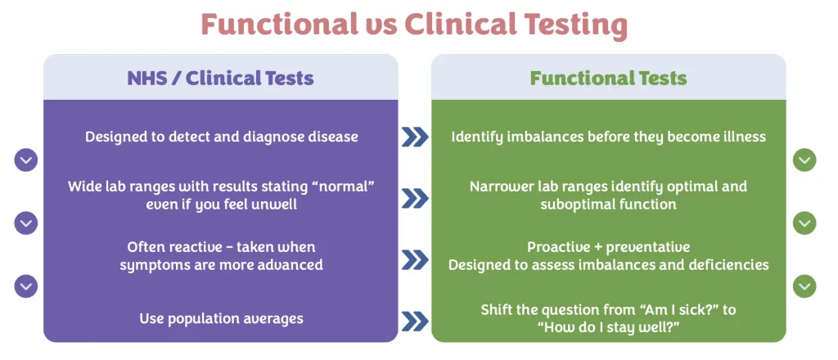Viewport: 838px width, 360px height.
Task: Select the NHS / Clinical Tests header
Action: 220,79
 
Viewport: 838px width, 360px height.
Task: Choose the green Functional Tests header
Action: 608,79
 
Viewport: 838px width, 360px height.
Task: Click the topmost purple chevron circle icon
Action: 26,160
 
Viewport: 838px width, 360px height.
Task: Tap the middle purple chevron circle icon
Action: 26,223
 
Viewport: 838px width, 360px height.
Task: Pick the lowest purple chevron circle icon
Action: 26,286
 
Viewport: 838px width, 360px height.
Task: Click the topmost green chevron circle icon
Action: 804,160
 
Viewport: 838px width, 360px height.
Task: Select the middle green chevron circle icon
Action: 804,223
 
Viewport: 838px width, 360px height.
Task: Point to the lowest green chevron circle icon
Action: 804,286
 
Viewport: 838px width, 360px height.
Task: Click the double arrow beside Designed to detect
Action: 415,137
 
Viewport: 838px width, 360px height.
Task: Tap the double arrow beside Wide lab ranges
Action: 415,197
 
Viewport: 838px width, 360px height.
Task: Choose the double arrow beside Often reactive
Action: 415,259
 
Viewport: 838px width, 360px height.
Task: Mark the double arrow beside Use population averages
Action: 415,319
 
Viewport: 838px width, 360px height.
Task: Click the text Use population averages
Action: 221,318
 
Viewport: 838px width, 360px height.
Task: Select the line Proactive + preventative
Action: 608,247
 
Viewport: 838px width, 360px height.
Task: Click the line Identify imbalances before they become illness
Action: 608,136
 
